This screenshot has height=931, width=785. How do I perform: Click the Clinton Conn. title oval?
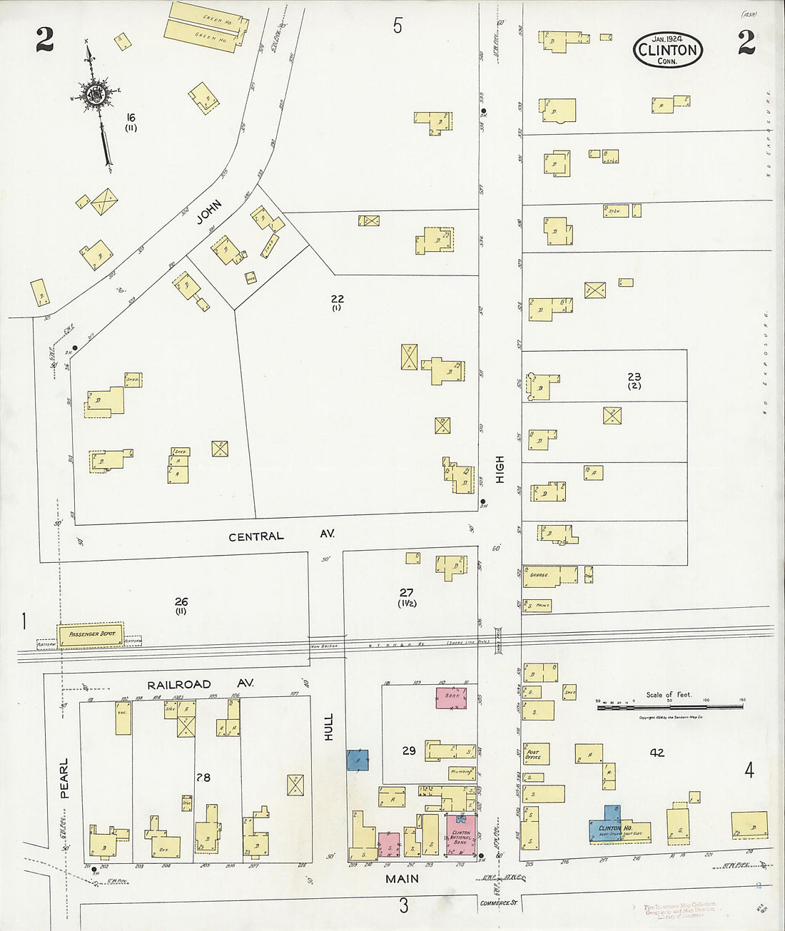[667, 50]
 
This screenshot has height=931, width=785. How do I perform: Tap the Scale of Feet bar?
[669, 706]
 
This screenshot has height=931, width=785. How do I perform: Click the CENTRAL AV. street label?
[280, 536]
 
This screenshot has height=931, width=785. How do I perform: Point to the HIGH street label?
[500, 469]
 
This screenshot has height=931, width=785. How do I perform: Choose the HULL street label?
[328, 726]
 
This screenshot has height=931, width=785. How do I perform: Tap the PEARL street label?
[64, 778]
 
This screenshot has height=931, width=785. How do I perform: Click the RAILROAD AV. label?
[201, 684]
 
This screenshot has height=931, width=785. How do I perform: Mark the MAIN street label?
[402, 879]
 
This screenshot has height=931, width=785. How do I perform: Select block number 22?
[337, 299]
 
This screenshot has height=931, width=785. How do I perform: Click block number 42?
[657, 752]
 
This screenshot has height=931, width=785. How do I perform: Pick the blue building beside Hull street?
[358, 760]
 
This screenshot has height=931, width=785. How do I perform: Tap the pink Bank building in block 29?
[451, 697]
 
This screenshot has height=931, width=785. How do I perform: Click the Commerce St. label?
[498, 903]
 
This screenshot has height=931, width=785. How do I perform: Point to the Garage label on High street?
[538, 574]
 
